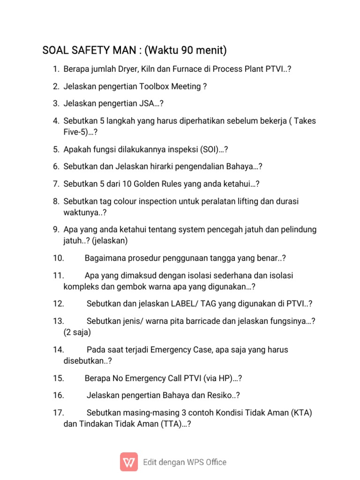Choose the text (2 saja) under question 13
[77, 332]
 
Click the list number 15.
[59, 378]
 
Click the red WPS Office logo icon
[129, 462]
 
